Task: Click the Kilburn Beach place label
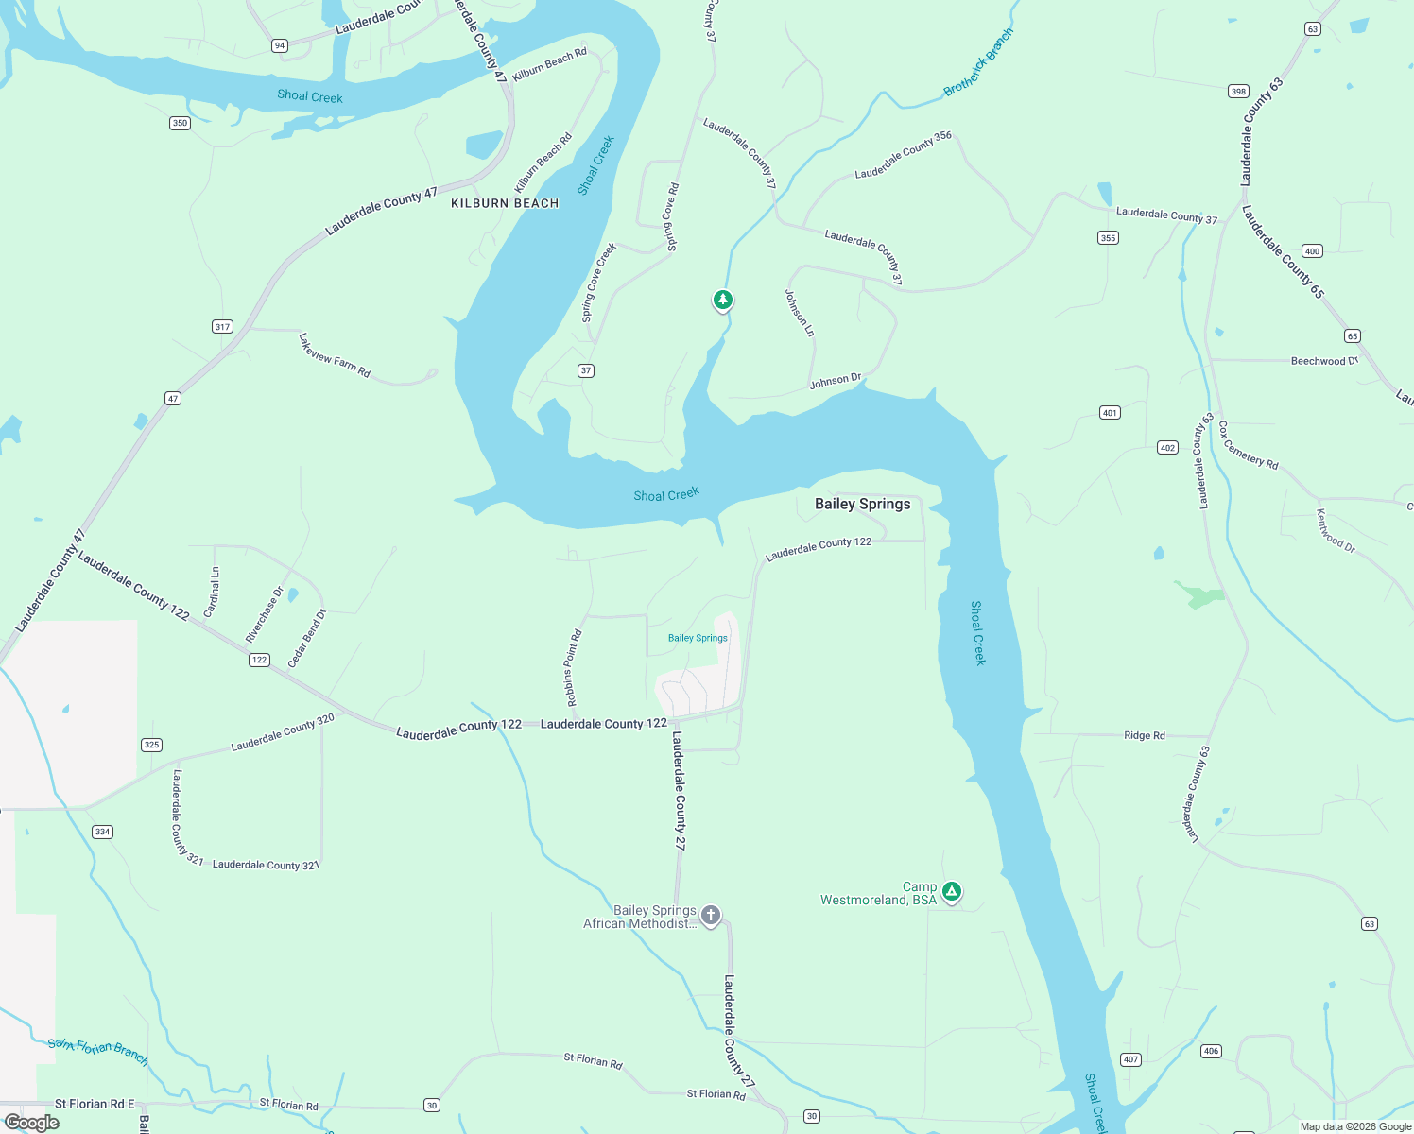tap(505, 203)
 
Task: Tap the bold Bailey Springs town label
tap(862, 504)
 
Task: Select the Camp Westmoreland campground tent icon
tap(952, 891)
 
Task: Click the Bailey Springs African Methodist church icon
tap(711, 915)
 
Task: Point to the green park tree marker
tap(722, 300)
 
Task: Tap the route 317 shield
tap(222, 327)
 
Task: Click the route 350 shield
tap(180, 123)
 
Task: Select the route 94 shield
tap(279, 45)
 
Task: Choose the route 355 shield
tap(1108, 237)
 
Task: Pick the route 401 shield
tap(1110, 412)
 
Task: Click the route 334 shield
tap(102, 832)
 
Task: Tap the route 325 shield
tap(151, 745)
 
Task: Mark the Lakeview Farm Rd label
tap(334, 355)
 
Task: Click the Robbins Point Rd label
tap(574, 668)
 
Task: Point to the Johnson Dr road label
tap(836, 381)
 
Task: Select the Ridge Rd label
tap(1144, 735)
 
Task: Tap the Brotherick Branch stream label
tap(978, 61)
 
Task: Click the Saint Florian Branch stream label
tap(98, 1051)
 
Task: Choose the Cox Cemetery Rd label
tap(1248, 445)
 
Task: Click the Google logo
tap(32, 1122)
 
